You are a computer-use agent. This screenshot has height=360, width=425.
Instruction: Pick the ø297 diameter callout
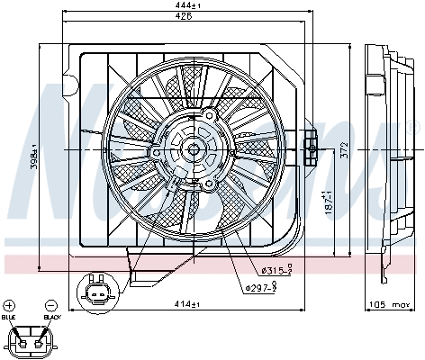point(260,287)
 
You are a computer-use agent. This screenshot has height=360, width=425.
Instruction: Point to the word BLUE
point(10,318)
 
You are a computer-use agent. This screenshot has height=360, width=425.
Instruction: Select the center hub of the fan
point(194,150)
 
